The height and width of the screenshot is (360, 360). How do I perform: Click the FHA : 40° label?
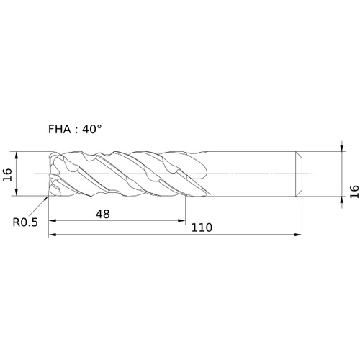click(x=75, y=129)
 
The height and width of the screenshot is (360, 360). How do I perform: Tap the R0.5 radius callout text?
click(x=25, y=222)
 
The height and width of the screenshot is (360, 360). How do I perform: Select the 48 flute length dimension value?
click(x=103, y=214)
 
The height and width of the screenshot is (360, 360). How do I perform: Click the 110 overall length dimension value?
click(x=202, y=228)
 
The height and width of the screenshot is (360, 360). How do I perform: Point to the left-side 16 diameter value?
click(x=7, y=175)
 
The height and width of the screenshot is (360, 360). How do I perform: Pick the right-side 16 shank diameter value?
click(x=354, y=192)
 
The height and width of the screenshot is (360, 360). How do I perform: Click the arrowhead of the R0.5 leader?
click(x=46, y=198)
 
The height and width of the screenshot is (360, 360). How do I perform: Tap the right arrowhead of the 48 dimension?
click(x=181, y=221)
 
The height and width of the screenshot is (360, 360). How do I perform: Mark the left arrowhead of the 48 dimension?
click(x=53, y=221)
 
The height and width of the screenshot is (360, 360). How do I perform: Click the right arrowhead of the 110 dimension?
click(x=298, y=235)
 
